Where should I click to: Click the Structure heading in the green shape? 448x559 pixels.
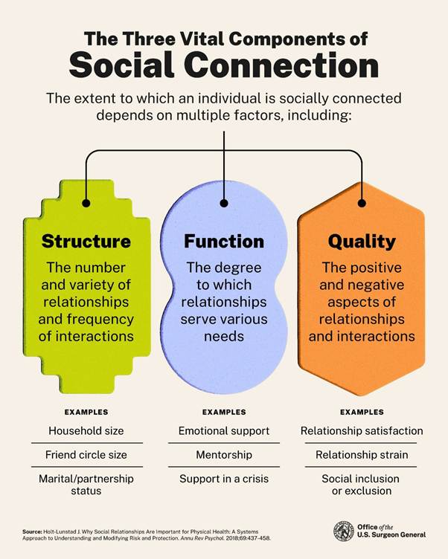(86, 241)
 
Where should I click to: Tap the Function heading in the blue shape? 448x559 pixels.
(224, 241)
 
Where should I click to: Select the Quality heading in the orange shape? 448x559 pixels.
(361, 241)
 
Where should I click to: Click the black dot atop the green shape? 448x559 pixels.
(86, 203)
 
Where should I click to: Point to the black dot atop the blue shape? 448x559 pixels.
(224, 203)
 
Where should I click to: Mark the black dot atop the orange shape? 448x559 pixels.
(362, 203)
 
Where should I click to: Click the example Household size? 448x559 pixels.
(86, 430)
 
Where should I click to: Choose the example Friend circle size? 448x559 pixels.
(86, 454)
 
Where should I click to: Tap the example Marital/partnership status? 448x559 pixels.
(86, 485)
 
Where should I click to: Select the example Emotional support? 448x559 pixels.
(224, 430)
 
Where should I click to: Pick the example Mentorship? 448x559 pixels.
(224, 454)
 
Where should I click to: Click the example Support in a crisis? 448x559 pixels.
(224, 478)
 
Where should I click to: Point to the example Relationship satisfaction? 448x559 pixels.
(362, 430)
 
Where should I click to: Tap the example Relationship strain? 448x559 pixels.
(362, 454)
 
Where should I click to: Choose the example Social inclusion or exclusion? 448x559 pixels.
(362, 485)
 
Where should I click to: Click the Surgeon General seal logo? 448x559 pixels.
(344, 531)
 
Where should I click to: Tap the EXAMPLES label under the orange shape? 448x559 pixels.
(362, 412)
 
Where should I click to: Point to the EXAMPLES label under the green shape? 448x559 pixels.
(86, 412)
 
